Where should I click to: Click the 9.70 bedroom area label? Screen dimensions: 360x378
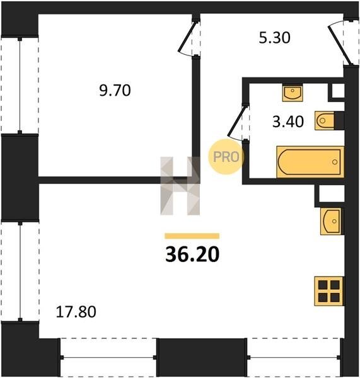click(115, 91)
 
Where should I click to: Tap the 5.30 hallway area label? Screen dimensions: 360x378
click(274, 38)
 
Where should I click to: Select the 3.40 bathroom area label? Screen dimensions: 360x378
click(288, 122)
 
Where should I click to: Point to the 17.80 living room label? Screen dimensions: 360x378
click(76, 311)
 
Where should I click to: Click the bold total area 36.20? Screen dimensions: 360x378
click(192, 255)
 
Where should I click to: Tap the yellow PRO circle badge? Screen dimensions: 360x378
click(226, 157)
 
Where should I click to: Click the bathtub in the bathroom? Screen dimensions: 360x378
click(310, 162)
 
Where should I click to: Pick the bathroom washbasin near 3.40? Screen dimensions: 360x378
click(293, 93)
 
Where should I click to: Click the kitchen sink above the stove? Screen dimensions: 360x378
click(331, 221)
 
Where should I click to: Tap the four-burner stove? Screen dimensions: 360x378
click(329, 291)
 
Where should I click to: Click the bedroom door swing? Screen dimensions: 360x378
click(189, 38)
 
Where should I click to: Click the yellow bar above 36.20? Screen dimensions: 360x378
click(192, 236)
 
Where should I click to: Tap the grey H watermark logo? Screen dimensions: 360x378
click(180, 186)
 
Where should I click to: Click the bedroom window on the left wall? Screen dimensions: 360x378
click(20, 85)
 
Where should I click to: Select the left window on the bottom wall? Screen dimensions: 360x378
click(108, 357)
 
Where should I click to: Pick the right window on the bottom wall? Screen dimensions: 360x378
click(294, 357)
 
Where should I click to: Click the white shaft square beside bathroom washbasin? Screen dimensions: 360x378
click(338, 91)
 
